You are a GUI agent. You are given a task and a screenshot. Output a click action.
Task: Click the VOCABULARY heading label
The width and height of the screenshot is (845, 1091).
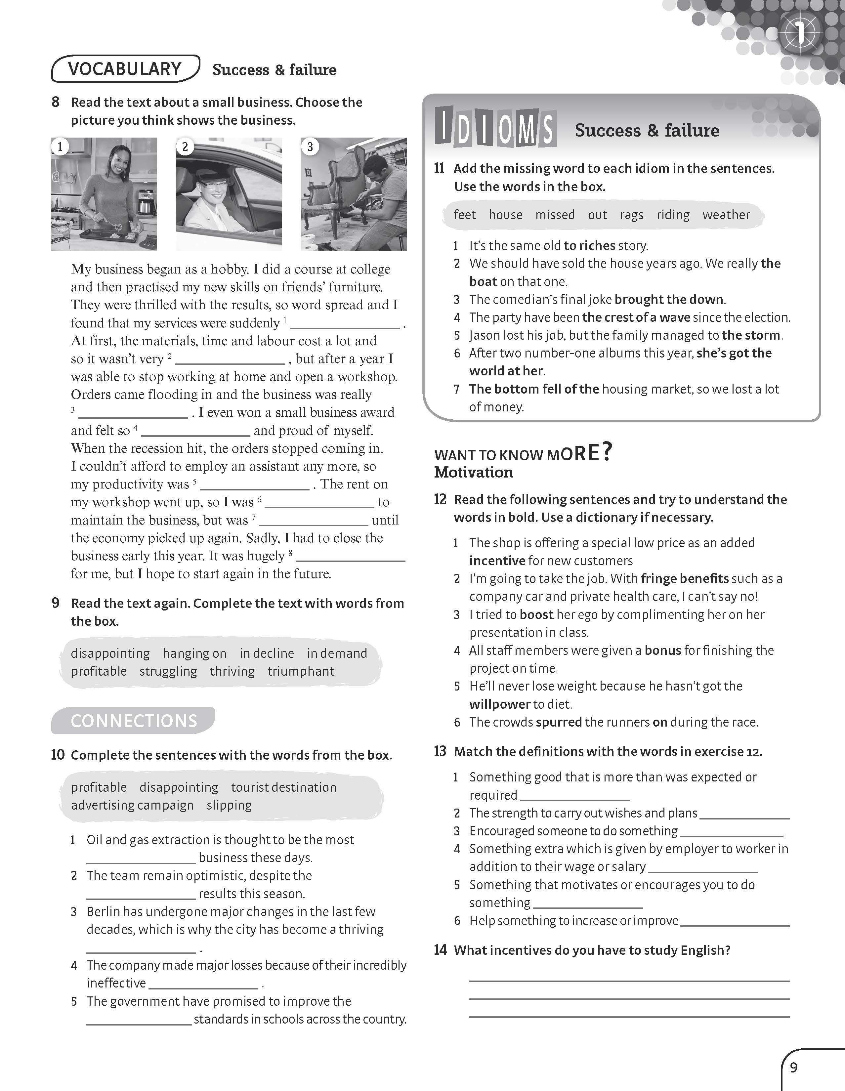point(124,69)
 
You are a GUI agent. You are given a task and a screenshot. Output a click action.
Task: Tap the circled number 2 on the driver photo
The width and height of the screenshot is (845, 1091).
point(185,147)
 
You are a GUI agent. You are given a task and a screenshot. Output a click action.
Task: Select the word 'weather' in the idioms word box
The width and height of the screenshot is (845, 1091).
point(726,215)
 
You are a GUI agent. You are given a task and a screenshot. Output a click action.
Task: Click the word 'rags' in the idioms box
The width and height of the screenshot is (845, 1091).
point(632,215)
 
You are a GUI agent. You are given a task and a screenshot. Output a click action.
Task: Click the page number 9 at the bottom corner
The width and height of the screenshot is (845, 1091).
point(793,1068)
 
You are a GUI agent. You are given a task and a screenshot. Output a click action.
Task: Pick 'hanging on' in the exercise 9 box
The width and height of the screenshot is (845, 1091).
point(194,653)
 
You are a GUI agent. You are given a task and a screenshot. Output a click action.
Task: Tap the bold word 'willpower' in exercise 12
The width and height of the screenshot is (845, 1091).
point(499,704)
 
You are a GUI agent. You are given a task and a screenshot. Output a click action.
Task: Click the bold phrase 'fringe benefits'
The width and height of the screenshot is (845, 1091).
point(684,578)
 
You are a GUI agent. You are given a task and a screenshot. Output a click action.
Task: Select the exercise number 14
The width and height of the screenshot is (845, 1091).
point(440,950)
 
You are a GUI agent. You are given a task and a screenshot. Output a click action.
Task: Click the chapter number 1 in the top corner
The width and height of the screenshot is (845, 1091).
point(800,32)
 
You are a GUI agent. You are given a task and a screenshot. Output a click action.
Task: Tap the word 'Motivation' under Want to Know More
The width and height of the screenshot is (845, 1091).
point(473,473)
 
